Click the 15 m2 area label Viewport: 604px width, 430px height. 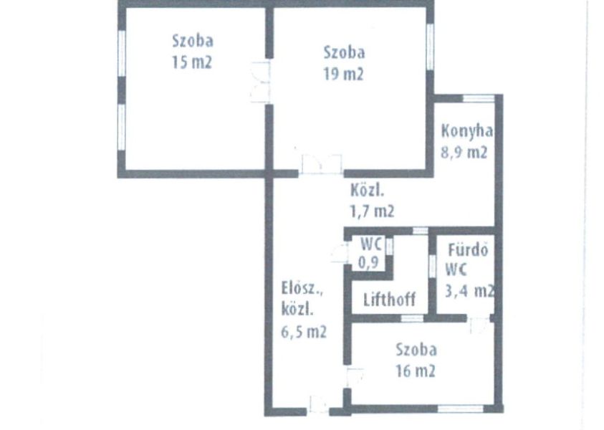click(x=192, y=62)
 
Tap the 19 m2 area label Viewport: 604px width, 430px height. click(x=343, y=73)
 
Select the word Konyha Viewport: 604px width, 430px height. click(x=467, y=132)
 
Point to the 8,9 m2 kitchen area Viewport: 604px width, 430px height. click(x=464, y=152)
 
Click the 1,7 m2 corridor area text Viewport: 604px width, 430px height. click(x=372, y=211)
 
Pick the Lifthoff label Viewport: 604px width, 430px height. click(x=390, y=299)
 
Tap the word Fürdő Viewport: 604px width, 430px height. click(x=468, y=249)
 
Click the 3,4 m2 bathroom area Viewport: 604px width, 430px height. click(x=469, y=290)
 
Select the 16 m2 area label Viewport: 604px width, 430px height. click(x=416, y=371)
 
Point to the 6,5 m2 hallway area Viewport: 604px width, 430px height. click(x=304, y=331)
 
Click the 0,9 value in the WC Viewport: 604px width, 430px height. click(x=369, y=262)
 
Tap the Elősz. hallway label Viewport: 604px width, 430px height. click(x=302, y=289)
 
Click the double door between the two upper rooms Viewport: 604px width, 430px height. click(x=260, y=82)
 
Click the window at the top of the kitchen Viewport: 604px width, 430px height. click(x=478, y=98)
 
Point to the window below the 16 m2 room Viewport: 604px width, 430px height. click(x=461, y=408)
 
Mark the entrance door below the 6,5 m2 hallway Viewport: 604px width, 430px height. click(x=318, y=406)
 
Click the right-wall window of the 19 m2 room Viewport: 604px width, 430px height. click(x=430, y=47)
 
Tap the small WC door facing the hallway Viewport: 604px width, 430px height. click(x=340, y=253)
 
